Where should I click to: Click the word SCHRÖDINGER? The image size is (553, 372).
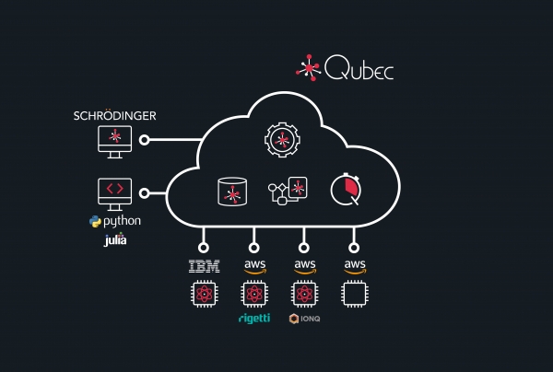click(x=114, y=116)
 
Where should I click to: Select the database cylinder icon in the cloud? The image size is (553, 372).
click(x=232, y=192)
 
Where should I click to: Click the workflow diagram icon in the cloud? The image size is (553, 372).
click(x=287, y=191)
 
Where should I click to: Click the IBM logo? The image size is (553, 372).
click(x=204, y=267)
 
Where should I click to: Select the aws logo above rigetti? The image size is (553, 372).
click(x=254, y=266)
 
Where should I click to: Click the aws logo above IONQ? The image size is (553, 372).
click(x=304, y=266)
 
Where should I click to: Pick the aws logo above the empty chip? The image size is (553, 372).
click(x=354, y=266)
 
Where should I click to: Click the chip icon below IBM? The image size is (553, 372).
click(x=204, y=295)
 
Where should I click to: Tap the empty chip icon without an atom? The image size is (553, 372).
click(x=354, y=295)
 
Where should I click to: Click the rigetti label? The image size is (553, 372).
click(x=254, y=319)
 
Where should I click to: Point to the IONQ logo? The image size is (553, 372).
click(x=305, y=319)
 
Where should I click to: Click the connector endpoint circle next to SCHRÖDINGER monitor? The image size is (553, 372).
click(x=145, y=141)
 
